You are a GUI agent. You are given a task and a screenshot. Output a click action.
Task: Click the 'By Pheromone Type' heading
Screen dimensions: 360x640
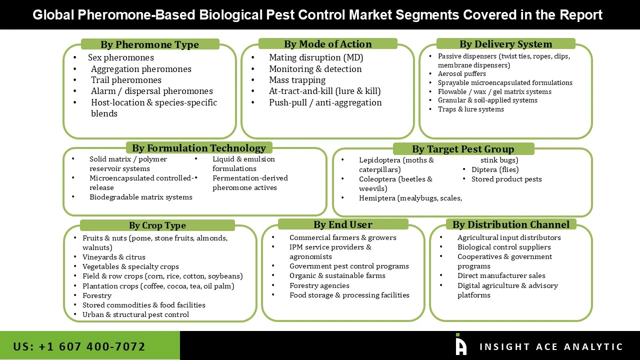click(149, 44)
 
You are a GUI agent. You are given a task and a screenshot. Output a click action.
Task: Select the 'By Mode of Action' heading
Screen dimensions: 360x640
click(327, 44)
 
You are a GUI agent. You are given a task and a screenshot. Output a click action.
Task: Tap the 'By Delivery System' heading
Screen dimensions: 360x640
click(505, 44)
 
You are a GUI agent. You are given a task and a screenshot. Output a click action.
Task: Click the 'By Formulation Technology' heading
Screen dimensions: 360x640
click(198, 148)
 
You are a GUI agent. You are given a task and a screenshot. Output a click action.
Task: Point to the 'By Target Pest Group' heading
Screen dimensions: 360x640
click(463, 149)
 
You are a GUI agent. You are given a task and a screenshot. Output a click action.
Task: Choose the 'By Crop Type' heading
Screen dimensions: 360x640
click(157, 225)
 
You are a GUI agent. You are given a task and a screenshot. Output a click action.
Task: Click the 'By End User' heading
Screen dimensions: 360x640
click(342, 224)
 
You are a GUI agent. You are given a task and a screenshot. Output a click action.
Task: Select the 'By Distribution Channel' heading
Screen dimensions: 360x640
click(510, 224)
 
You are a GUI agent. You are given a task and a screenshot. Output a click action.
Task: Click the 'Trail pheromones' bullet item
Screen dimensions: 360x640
click(126, 80)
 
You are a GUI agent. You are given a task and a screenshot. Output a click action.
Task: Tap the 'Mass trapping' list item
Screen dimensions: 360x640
click(297, 80)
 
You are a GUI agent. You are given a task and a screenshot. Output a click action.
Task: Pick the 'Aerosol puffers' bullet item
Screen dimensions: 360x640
click(461, 74)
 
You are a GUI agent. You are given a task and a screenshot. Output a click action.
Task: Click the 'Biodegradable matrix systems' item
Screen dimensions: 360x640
click(140, 197)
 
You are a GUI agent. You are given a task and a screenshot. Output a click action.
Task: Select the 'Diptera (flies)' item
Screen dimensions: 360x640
click(488, 169)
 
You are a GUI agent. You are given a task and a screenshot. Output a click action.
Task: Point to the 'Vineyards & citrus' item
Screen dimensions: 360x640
click(114, 257)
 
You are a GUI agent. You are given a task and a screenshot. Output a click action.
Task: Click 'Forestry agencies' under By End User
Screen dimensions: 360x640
click(319, 285)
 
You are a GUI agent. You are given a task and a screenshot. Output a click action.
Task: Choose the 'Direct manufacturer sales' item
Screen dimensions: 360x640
click(501, 275)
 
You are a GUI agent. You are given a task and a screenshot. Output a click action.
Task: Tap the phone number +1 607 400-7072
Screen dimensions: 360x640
click(79, 346)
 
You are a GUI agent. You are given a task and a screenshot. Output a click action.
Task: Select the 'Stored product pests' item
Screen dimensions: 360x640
click(506, 179)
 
